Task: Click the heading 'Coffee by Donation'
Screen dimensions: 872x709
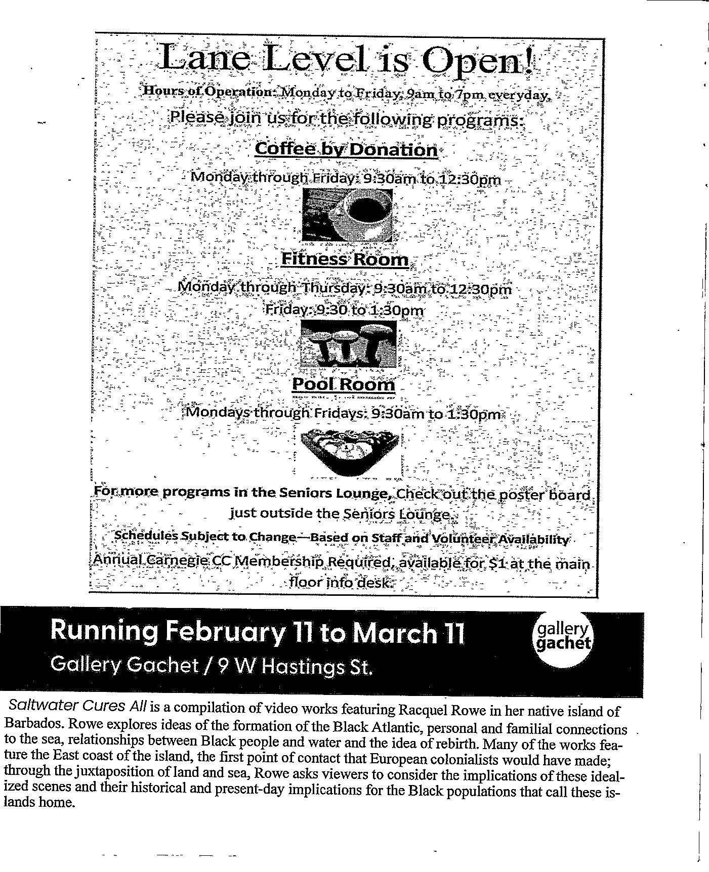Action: (346, 149)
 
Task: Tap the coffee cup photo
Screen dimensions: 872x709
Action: (347, 214)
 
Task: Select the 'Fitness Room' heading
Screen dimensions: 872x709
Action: (345, 259)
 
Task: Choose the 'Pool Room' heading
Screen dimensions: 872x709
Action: (344, 384)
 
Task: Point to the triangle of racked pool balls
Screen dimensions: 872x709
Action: (348, 452)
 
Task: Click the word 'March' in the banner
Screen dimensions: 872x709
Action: (393, 633)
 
